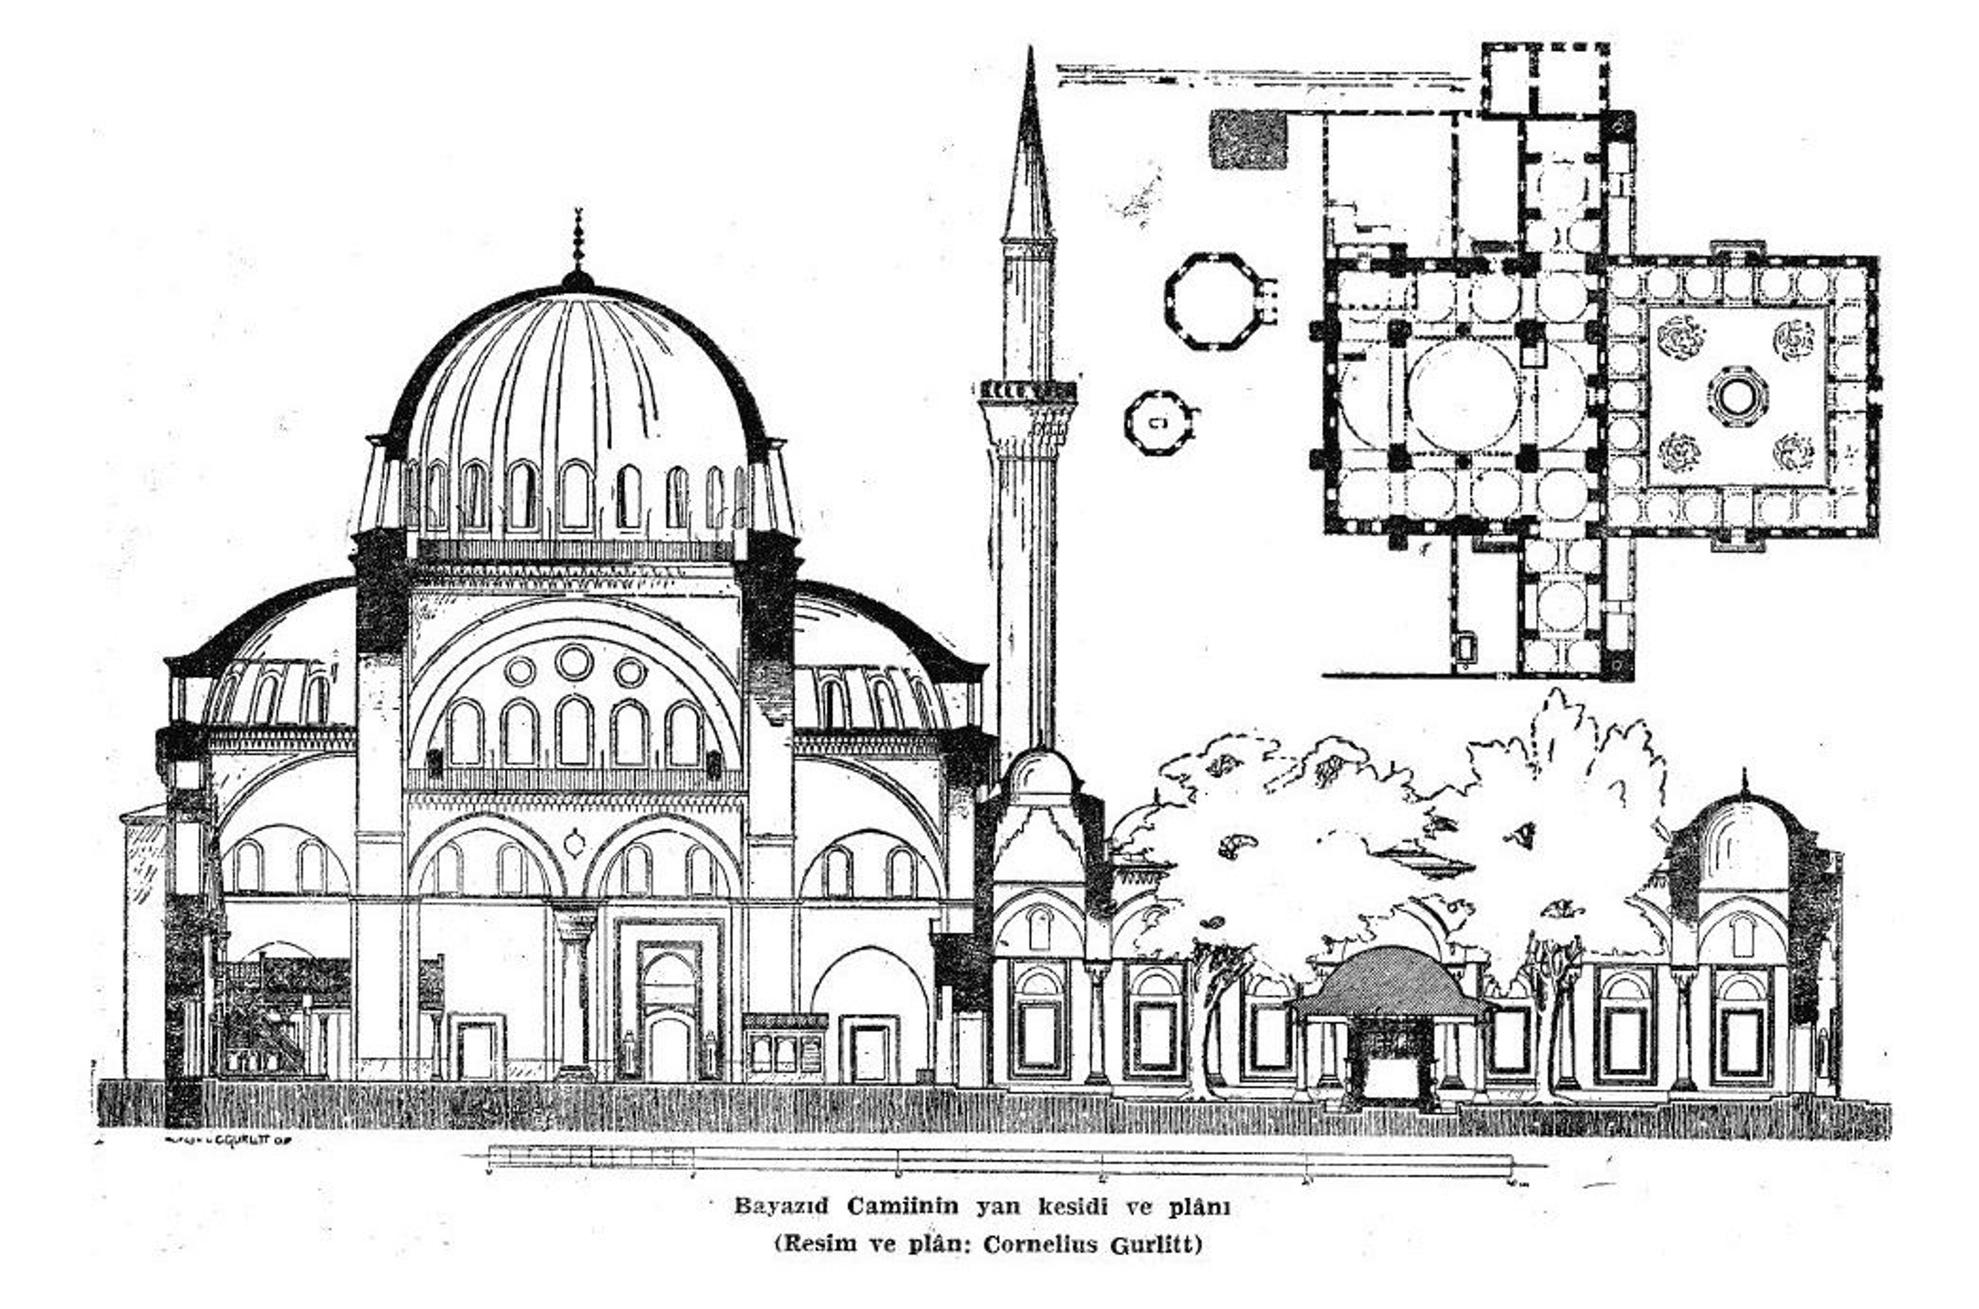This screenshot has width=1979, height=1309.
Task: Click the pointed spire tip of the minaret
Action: [1030, 58]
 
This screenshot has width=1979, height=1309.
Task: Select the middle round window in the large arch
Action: [574, 662]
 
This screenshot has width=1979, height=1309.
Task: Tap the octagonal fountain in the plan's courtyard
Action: [1737, 396]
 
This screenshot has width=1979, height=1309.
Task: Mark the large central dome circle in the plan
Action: [1462, 396]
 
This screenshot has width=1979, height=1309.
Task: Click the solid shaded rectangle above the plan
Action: [1248, 139]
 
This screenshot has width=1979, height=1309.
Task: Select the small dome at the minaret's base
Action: [1040, 772]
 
